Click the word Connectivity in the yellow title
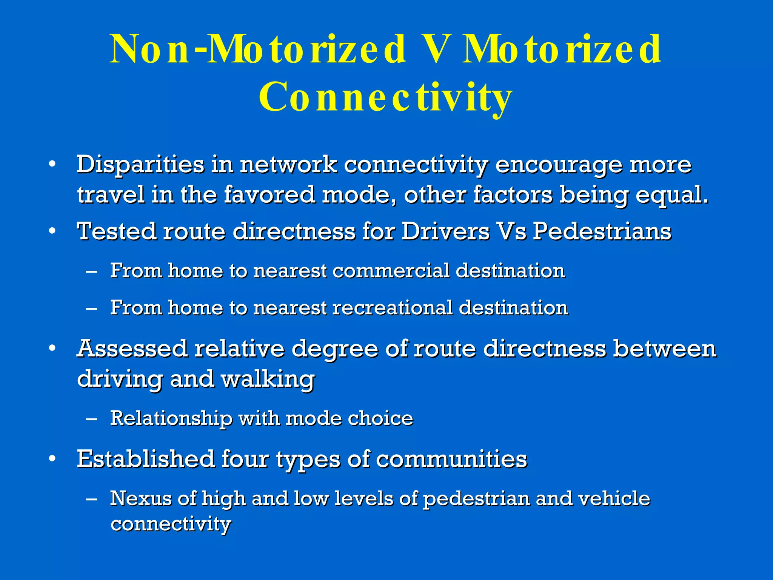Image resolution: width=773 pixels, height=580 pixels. tap(385, 97)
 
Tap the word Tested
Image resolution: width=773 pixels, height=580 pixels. tap(116, 231)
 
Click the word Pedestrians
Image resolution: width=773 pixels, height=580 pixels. tap(602, 231)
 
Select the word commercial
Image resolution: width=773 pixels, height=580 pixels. tap(391, 271)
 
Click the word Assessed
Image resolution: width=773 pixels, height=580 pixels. tap(132, 348)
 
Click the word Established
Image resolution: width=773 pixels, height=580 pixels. tap(146, 459)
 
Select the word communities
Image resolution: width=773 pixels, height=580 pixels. tap(451, 459)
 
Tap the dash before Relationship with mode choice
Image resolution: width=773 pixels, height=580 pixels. tap(91, 419)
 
